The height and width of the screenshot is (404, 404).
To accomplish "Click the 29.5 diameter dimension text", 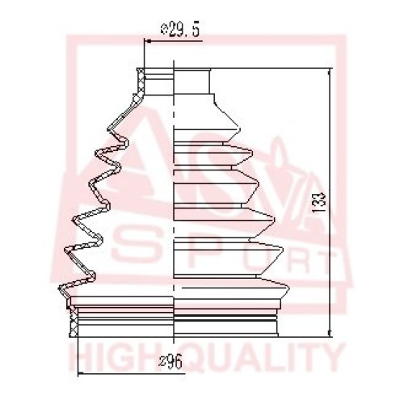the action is click(180, 29).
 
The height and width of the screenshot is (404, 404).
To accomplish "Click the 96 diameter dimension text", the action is click(170, 361).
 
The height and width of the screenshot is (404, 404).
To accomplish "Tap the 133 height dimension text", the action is click(321, 202).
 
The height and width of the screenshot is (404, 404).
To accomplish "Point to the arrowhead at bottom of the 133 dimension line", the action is click(329, 332).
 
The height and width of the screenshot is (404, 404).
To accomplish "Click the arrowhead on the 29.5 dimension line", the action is click(149, 41).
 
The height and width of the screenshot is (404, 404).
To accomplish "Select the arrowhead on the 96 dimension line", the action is click(82, 374).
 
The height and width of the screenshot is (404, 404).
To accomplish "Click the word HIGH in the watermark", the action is click(114, 357).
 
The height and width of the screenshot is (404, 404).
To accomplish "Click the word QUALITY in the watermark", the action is click(260, 357).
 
